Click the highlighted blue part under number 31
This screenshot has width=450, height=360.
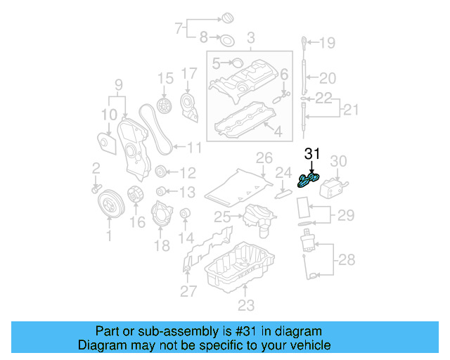click(x=308, y=181)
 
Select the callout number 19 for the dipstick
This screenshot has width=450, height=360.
click(x=328, y=44)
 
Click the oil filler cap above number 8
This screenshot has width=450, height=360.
click(x=229, y=18)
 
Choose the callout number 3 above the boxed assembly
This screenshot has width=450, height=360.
click(x=250, y=35)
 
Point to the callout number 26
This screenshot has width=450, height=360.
click(x=264, y=156)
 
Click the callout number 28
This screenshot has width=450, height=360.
click(x=347, y=261)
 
